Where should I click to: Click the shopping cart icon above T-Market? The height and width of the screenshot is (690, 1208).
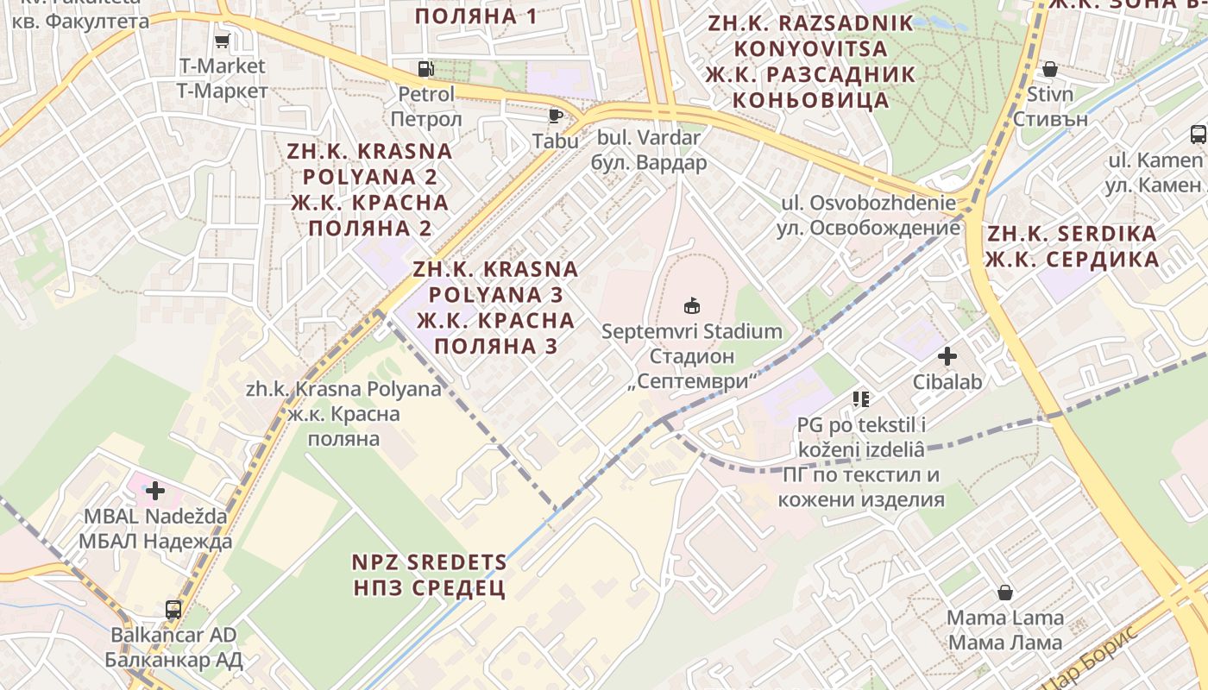point(222,41)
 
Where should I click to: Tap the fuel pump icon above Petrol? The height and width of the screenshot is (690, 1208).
point(425,68)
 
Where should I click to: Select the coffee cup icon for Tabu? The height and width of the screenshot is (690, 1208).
point(556,115)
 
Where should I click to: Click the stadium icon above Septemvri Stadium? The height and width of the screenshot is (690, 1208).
point(691,305)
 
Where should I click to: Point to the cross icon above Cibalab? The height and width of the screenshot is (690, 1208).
point(947,355)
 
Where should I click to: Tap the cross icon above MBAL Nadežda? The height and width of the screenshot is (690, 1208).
point(155,491)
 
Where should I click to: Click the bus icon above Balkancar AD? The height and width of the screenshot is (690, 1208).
point(173,609)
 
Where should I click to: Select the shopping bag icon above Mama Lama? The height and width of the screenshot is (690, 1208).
point(1005,593)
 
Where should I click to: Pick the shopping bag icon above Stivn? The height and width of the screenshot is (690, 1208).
point(1050,68)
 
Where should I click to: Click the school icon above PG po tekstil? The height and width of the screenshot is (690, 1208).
point(860,398)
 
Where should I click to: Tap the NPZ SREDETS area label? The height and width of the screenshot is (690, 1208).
point(429,575)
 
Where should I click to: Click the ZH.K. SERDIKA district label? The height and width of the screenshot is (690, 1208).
point(1072,247)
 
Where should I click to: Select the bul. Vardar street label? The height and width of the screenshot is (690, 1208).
point(649,149)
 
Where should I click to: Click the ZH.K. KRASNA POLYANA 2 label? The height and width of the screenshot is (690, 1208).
point(369,189)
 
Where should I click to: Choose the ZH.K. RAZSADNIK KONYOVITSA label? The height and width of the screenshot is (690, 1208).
point(810,61)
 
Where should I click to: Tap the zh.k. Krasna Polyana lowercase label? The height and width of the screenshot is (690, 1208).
point(343,413)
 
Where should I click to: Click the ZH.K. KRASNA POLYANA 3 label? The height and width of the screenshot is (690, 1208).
point(495,307)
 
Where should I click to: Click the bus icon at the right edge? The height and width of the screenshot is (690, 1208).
point(1198,134)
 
